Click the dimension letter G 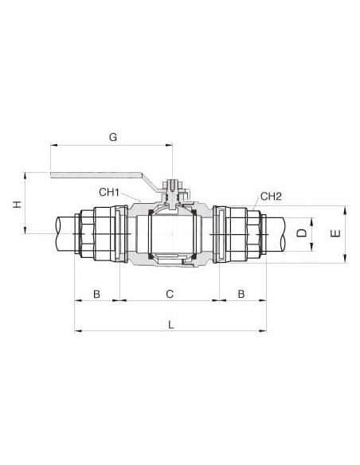pos(113,137)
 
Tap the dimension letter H pos(18,204)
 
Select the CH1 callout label pos(109,192)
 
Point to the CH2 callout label pos(271,196)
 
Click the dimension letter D pos(302,232)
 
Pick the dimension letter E pos(335,233)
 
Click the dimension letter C pos(170,294)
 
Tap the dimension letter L pos(170,325)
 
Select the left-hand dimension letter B pos(96,294)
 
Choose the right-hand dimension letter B pos(241,294)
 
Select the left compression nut pos(102,234)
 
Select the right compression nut pos(238,234)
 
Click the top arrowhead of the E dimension pos(345,210)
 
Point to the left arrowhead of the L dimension pos(78,330)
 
